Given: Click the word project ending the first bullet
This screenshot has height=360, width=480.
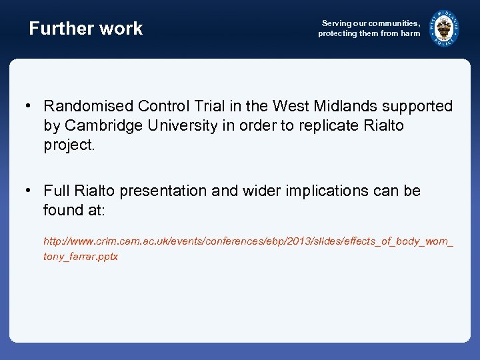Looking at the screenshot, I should click(x=68, y=145).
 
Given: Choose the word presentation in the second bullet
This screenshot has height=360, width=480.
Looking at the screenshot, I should click(x=163, y=191).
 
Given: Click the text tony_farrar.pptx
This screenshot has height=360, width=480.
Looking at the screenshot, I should click(x=81, y=257).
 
